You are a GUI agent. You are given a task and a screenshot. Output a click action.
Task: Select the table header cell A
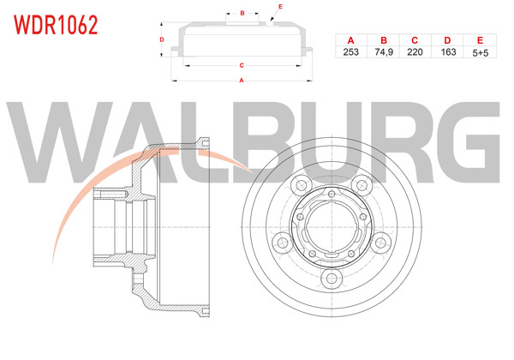pyautogui.click(x=350, y=40)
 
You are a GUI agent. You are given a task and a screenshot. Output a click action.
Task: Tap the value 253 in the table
pyautogui.click(x=350, y=52)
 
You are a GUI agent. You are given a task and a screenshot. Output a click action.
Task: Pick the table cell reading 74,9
pyautogui.click(x=383, y=52)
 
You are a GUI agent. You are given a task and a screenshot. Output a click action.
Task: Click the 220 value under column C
pyautogui.click(x=415, y=52)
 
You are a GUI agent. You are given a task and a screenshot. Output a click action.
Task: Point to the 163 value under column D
pyautogui.click(x=446, y=52)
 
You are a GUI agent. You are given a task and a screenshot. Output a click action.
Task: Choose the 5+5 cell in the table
pyautogui.click(x=479, y=52)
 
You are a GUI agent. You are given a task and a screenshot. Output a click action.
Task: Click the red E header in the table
pyautogui.click(x=479, y=40)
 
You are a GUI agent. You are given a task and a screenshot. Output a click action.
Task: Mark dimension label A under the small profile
pyautogui.click(x=242, y=81)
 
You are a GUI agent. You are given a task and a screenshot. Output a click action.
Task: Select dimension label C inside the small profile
pyautogui.click(x=242, y=65)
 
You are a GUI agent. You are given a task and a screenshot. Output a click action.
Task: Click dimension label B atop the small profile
pyautogui.click(x=242, y=14)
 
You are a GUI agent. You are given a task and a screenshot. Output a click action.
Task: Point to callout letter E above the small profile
pyautogui.click(x=280, y=7)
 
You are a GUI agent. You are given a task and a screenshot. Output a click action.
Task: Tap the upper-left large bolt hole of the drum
pyautogui.click(x=301, y=187)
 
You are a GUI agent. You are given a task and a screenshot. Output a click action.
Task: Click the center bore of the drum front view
pyautogui.click(x=332, y=231)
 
